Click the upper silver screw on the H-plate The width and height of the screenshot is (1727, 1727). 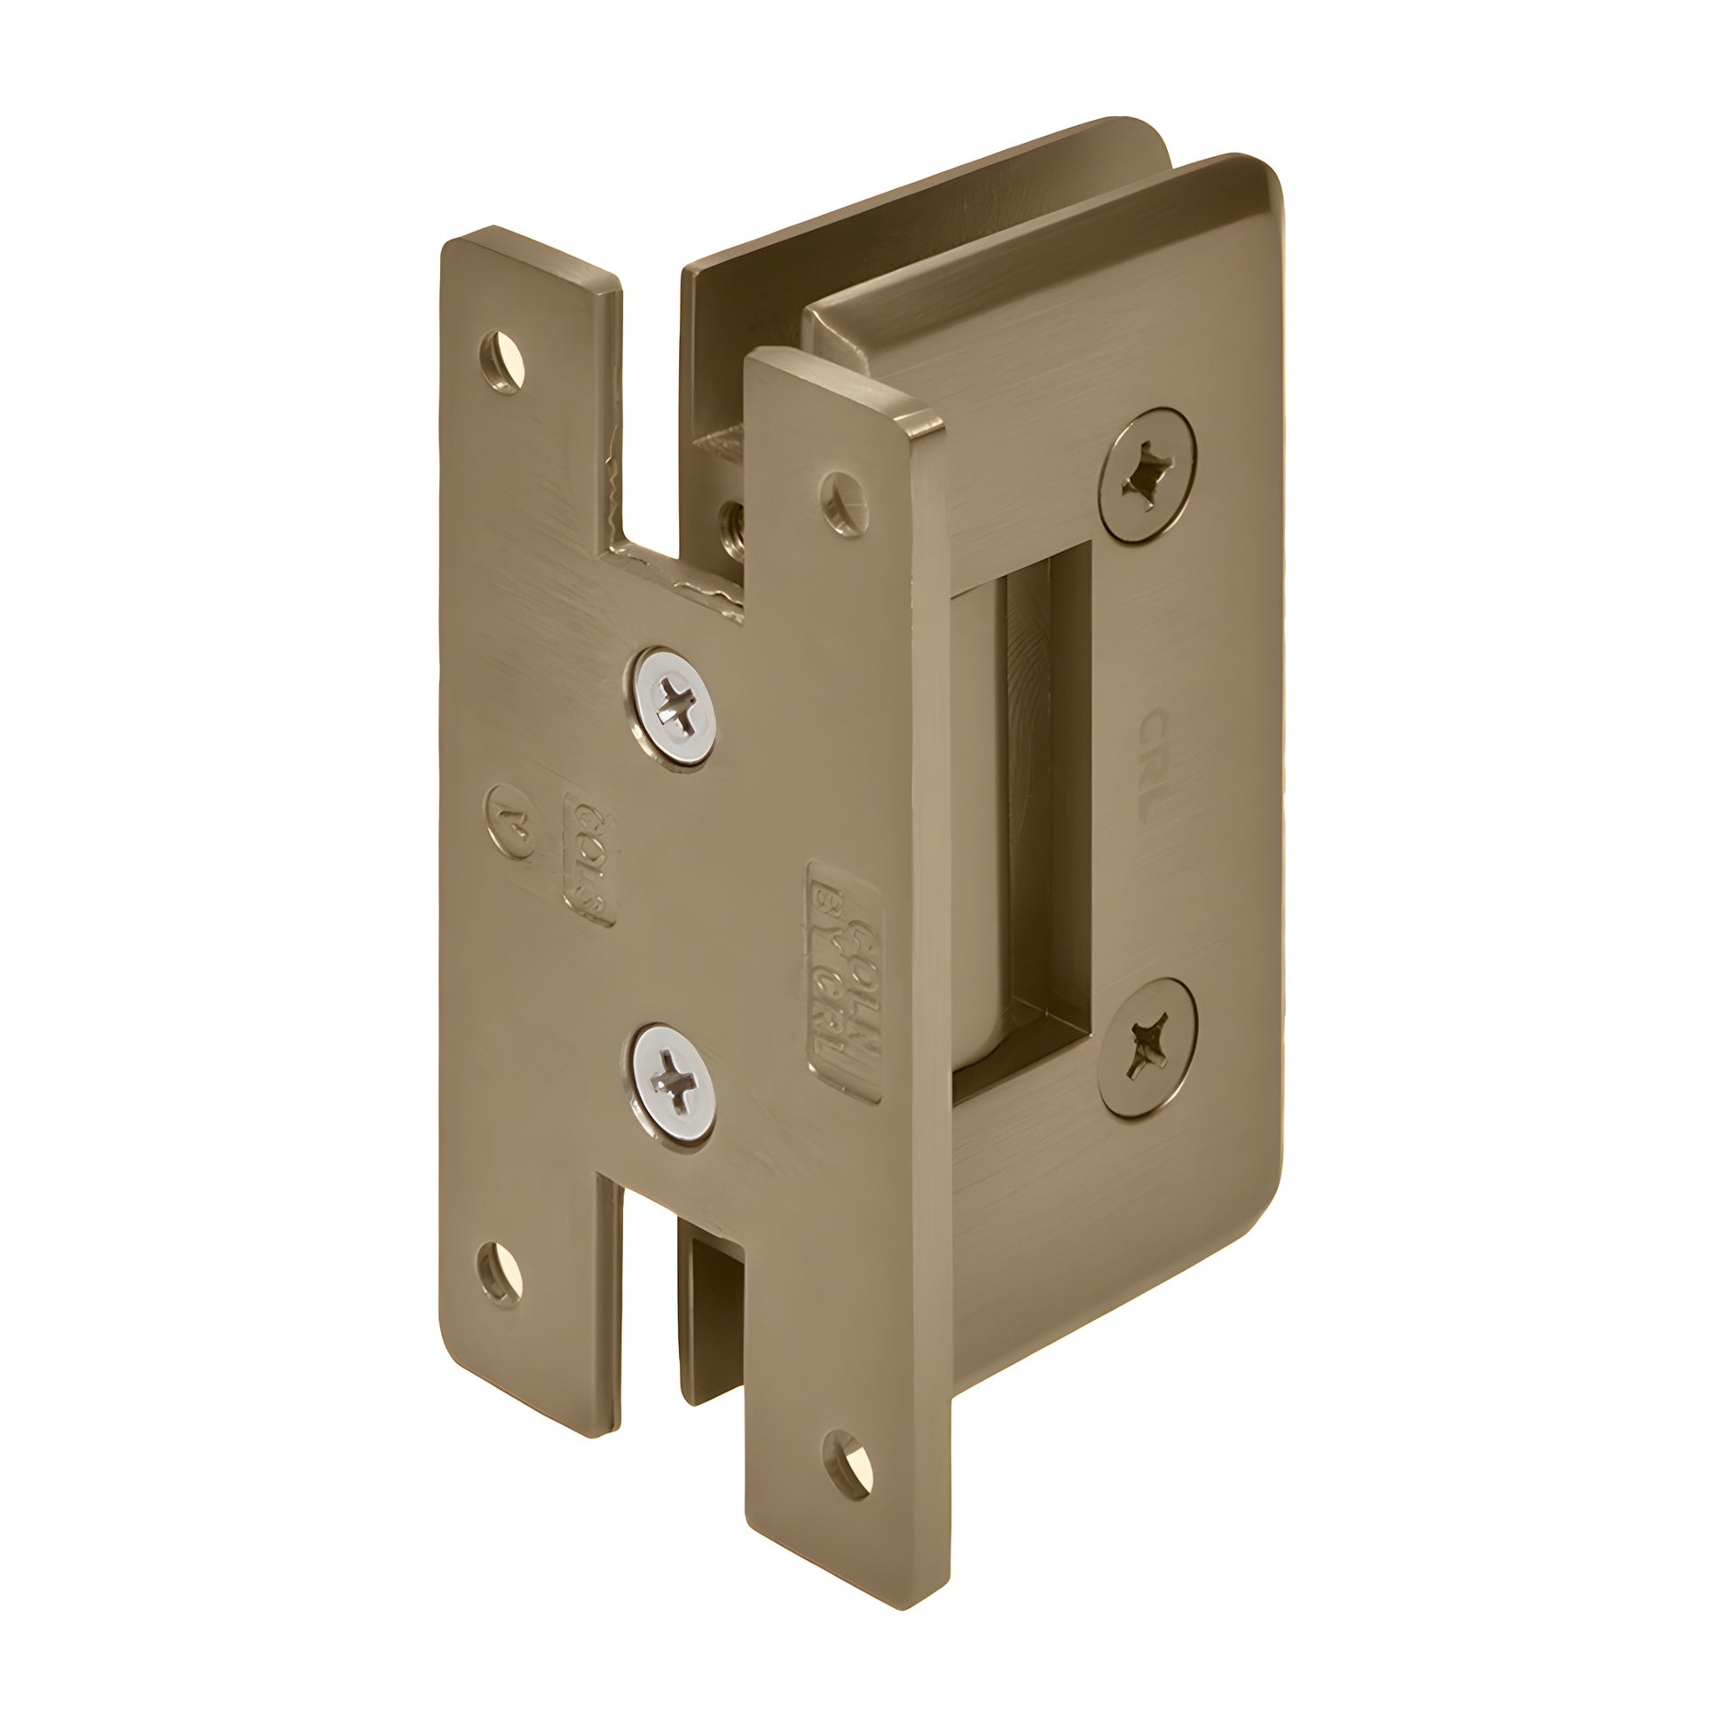coord(676,707)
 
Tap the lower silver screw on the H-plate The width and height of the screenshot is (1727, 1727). coord(674,1084)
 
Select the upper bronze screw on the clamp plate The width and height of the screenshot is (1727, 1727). coord(1147,476)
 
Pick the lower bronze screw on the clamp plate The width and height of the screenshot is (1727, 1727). coord(1147,1046)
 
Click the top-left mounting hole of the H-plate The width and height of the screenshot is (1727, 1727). coord(502,362)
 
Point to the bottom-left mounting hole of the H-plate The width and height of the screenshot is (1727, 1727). coord(500,1274)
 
